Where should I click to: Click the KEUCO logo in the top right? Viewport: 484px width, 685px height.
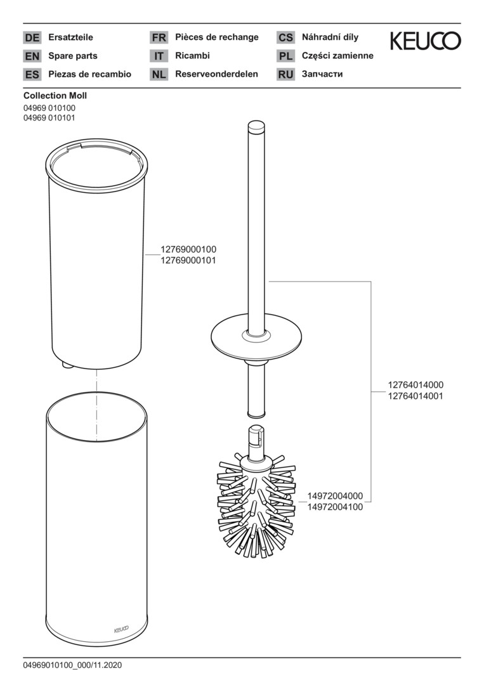coord(425,41)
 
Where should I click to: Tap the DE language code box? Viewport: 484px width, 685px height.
coord(32,37)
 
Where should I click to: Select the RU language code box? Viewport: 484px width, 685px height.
coord(285,75)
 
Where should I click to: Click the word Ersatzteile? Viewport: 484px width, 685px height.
coord(71,37)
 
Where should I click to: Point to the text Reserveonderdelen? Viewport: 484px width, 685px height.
coord(217,74)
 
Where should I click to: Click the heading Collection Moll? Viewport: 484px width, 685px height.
coord(55,95)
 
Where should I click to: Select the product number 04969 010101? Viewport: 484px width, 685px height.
coord(49,117)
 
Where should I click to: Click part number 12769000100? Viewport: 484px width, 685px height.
coord(188,249)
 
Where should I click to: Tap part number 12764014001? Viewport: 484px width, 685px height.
coord(415,396)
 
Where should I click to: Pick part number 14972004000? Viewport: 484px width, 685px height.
coord(335,496)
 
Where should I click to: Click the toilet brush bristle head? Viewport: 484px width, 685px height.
coord(256,506)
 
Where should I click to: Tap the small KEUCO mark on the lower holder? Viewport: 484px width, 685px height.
coord(121,630)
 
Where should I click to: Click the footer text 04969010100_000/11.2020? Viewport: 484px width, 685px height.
coord(72,665)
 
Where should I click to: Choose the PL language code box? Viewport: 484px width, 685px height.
coord(285,56)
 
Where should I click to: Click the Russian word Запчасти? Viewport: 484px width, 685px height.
coord(322,74)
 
